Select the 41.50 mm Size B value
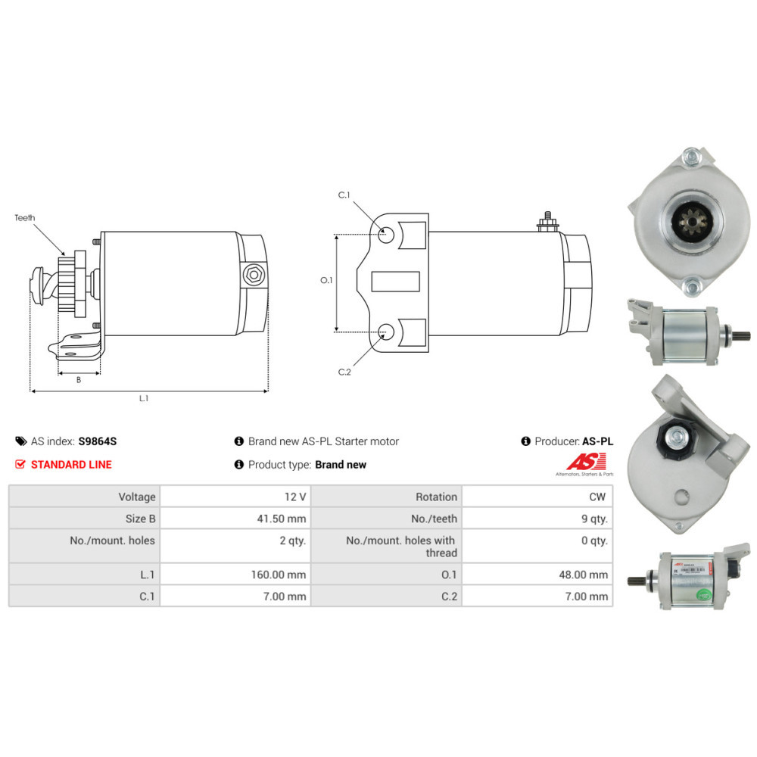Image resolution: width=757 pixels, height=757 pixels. [285, 519]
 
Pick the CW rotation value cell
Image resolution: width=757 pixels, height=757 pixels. [598, 497]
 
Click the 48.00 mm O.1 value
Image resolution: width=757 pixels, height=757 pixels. [584, 575]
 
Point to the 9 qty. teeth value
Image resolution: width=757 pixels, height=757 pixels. [593, 519]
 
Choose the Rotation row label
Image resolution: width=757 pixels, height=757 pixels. [436, 497]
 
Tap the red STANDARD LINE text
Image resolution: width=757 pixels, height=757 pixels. [71, 465]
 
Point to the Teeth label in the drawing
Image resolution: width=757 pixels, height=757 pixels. [25, 218]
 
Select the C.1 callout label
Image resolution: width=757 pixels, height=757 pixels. [344, 195]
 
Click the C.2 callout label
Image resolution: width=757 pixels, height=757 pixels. [344, 371]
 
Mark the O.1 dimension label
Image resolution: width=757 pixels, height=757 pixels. [326, 281]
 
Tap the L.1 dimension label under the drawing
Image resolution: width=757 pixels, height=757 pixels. [144, 399]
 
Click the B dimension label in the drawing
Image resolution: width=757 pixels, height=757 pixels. [79, 380]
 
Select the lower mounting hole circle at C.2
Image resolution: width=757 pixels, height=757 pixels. [386, 331]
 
